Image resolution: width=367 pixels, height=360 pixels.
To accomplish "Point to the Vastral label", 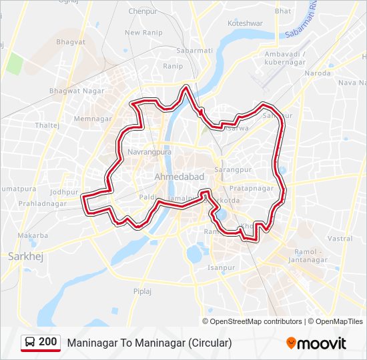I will [x=340, y=238].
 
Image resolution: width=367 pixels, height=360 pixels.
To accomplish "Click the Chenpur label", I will [x=142, y=11].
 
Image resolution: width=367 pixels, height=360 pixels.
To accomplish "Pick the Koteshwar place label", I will [x=246, y=23].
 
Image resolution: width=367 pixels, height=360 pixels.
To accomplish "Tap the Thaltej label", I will [x=47, y=125].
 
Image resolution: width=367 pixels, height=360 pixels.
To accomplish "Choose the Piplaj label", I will [x=142, y=291].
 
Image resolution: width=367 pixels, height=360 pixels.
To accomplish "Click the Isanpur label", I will [x=221, y=267].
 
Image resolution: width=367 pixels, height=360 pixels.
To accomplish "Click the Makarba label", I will [x=33, y=235].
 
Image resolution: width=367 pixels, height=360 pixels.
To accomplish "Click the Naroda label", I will [x=317, y=73].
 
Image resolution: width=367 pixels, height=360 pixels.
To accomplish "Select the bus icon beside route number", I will [x=31, y=343].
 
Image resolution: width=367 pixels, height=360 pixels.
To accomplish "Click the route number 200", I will [x=48, y=342].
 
